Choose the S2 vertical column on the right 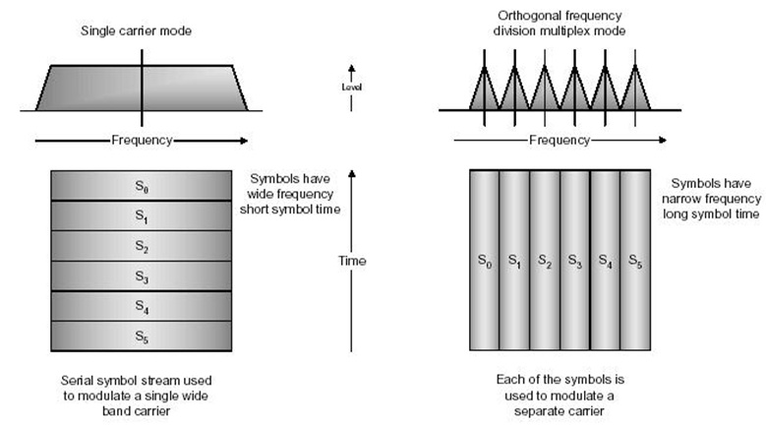pyautogui.click(x=544, y=261)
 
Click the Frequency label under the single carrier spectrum pyautogui.click(x=142, y=140)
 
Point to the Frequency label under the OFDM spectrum pyautogui.click(x=560, y=140)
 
